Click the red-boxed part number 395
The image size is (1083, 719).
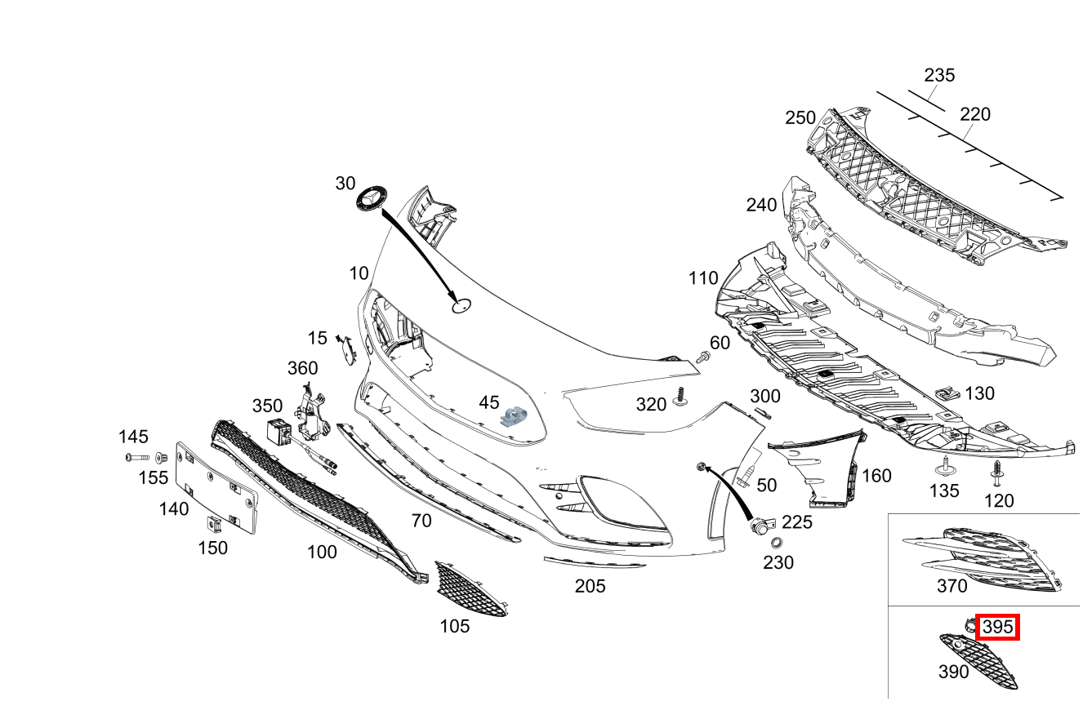pos(997,627)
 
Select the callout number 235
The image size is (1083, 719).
pos(939,75)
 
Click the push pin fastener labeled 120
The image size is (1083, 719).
pos(997,470)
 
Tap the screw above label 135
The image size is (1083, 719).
pos(945,468)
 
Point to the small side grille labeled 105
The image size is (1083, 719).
pos(470,588)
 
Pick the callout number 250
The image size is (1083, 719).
pos(800,118)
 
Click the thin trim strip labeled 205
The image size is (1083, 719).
pos(594,562)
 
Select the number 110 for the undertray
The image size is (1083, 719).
pos(702,278)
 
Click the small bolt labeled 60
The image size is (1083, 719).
pos(702,356)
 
